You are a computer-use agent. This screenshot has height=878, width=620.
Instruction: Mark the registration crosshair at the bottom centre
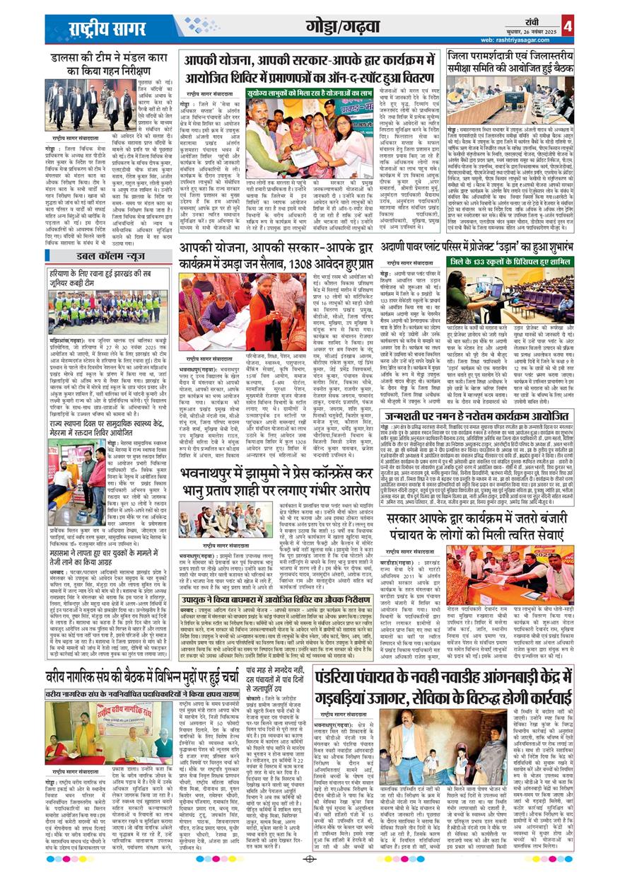pyautogui.click(x=310, y=859)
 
